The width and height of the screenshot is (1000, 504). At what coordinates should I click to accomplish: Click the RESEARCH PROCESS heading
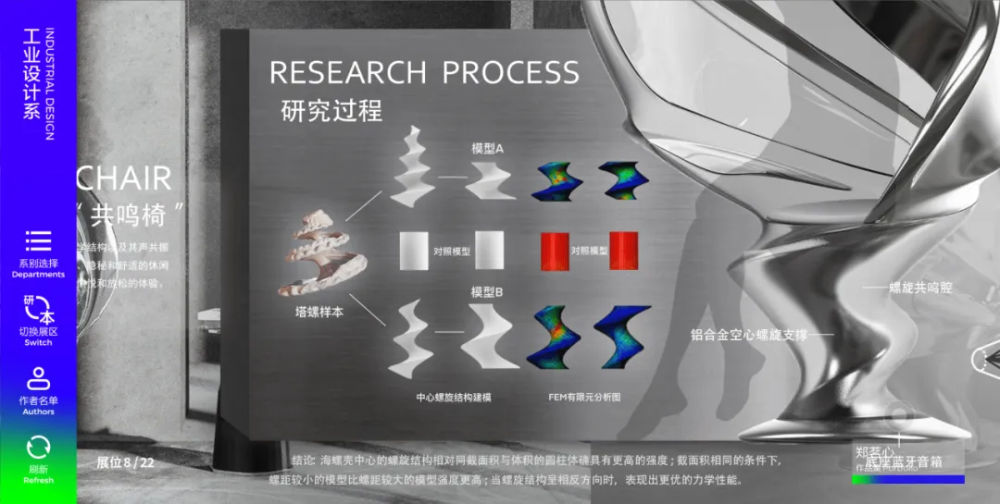coord(424,72)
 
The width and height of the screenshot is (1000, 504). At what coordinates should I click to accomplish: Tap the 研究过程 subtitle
coord(331,111)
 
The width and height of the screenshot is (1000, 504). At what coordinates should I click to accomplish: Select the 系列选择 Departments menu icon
coord(38,241)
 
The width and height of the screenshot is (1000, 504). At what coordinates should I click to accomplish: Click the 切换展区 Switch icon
coord(38,310)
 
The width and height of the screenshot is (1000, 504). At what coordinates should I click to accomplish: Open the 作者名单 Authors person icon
coord(38,378)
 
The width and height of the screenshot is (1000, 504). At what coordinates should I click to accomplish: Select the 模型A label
coord(487,148)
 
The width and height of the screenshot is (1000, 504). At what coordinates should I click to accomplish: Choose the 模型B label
coord(487,292)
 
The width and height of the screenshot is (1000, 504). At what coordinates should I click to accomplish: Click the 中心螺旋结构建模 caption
coord(453,397)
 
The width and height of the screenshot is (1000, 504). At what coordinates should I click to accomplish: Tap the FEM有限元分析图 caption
coord(584,397)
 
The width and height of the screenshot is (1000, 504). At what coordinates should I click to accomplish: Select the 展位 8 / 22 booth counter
coord(125,462)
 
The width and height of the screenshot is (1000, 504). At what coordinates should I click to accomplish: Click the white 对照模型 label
coord(452,251)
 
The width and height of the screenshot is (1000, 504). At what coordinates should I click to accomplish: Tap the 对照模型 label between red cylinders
coord(589,251)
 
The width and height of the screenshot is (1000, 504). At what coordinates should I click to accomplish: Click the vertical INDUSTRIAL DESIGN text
coord(50,84)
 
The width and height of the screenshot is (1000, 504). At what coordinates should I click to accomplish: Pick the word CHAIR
coord(123,178)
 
